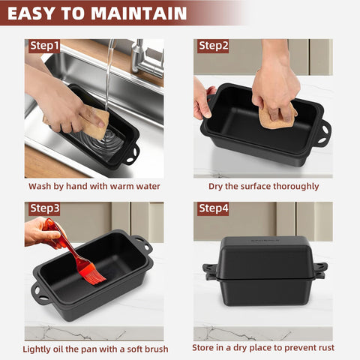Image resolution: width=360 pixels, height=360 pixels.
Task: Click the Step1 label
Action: click(x=44, y=46)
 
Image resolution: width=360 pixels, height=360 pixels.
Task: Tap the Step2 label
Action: click(x=214, y=46)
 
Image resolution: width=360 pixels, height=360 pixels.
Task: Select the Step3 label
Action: click(x=44, y=208)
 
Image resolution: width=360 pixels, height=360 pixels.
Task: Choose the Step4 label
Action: click(x=214, y=208)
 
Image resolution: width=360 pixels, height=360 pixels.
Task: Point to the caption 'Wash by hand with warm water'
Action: click(x=94, y=186)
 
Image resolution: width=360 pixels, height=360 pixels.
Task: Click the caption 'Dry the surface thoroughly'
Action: click(x=263, y=186)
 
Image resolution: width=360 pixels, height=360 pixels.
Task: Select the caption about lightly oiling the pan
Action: click(x=94, y=349)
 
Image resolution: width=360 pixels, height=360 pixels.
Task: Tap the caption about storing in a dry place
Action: click(x=263, y=349)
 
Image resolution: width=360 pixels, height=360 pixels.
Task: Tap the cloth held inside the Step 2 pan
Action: click(x=276, y=116)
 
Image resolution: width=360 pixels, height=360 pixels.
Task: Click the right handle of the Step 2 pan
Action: click(x=322, y=133)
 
